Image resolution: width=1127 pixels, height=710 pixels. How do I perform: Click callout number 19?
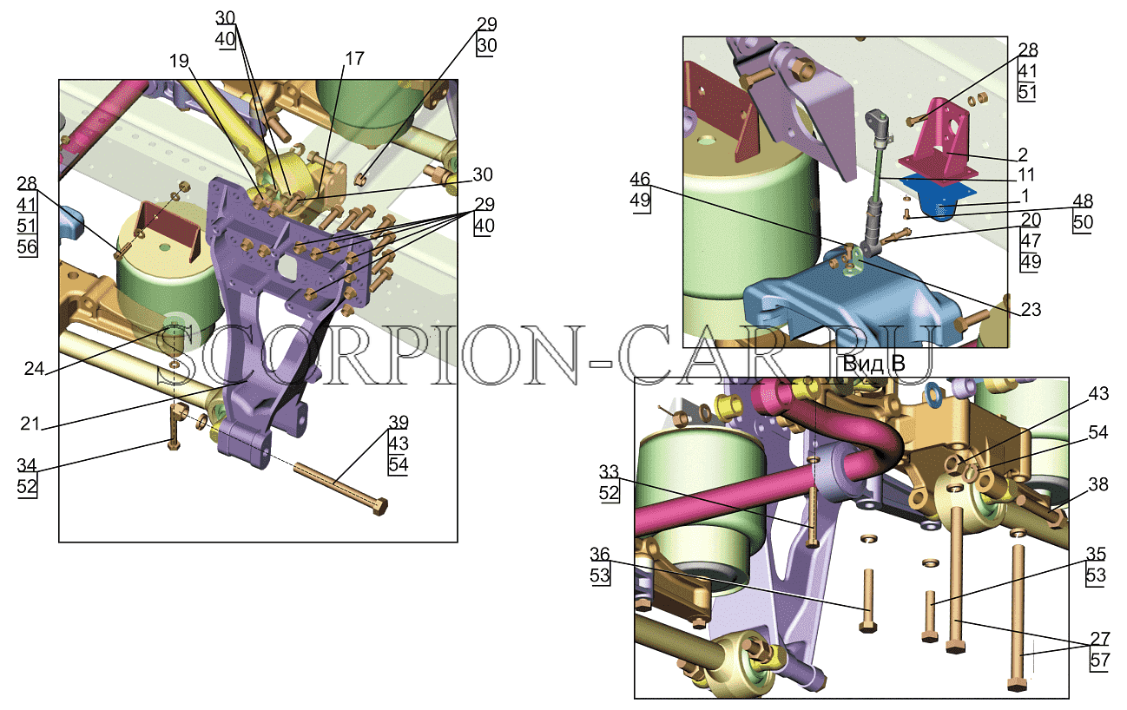point(179,61)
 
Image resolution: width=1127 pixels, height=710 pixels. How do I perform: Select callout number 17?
point(354,58)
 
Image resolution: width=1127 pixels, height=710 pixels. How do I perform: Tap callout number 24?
point(34,369)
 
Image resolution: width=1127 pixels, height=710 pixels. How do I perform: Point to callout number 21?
point(30,424)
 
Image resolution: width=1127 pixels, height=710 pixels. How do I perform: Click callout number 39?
point(399,421)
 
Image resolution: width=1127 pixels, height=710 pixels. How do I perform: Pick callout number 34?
point(27,465)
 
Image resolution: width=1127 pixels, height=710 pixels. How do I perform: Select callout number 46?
point(640,179)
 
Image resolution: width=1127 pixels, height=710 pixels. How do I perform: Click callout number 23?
point(1031,309)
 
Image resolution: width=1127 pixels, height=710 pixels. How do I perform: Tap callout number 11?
point(1026,174)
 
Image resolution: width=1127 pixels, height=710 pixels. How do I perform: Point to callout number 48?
point(1083,201)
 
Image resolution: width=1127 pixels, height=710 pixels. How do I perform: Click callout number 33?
point(609,471)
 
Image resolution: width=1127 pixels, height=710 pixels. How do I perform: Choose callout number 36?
point(600,554)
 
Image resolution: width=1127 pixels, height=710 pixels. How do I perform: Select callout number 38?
point(1098,484)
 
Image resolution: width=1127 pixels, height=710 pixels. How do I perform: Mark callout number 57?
point(1100,660)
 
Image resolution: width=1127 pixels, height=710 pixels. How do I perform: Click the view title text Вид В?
point(874,363)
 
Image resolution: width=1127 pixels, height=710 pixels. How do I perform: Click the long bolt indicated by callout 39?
point(340,488)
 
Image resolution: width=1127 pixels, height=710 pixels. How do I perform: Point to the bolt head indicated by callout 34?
point(174,445)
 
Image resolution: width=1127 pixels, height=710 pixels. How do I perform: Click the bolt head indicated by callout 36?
point(868,627)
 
